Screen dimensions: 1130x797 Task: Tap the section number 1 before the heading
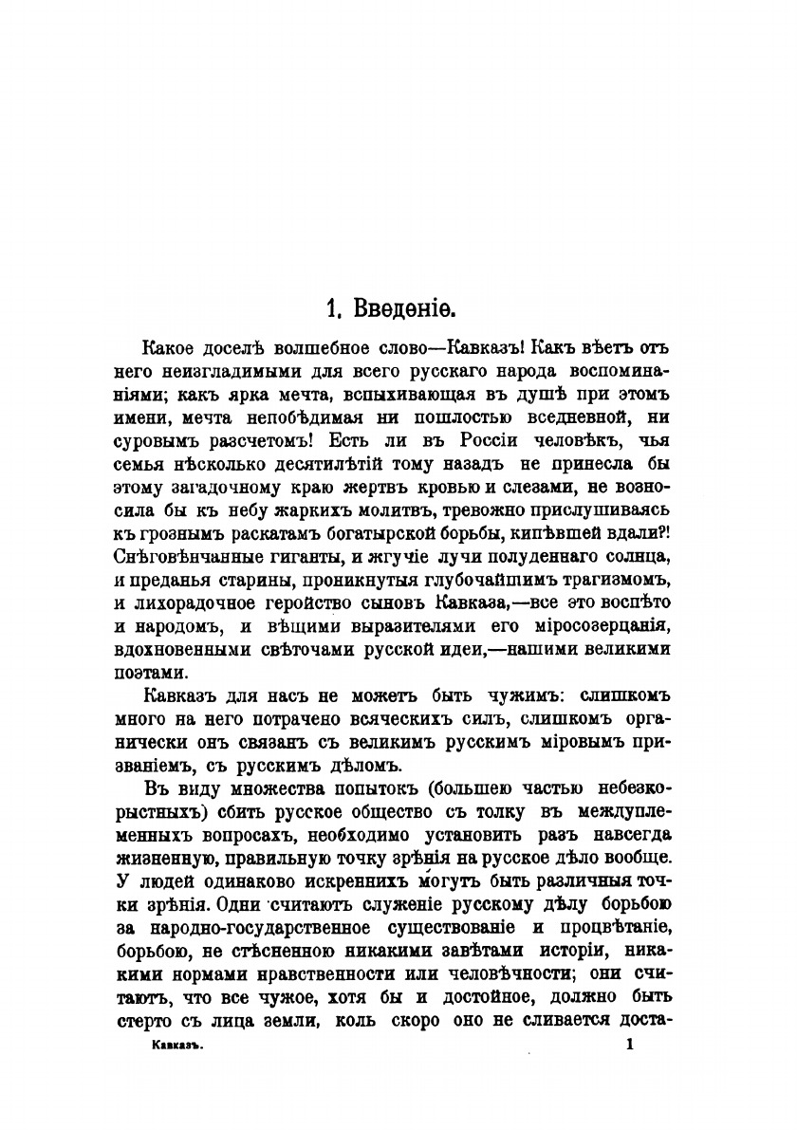click(x=332, y=309)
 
